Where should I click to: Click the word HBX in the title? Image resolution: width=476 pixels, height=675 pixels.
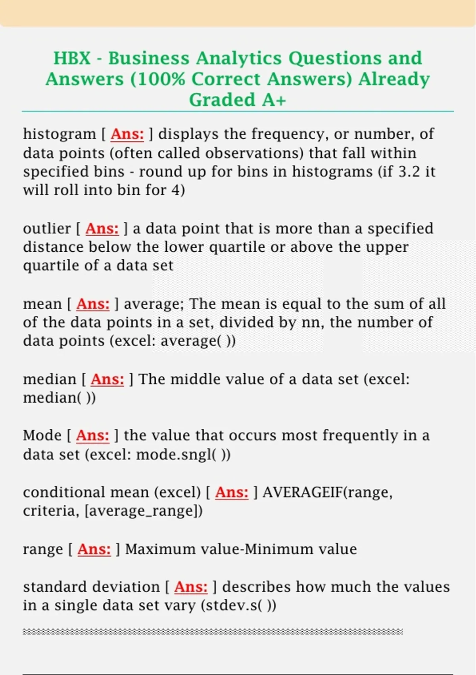tap(72, 58)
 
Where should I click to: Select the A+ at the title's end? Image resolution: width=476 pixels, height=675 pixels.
tap(274, 100)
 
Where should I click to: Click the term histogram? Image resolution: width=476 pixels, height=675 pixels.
tap(59, 134)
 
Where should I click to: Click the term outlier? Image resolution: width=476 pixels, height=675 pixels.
tap(47, 228)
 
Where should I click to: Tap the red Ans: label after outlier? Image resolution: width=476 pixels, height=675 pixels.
tap(102, 228)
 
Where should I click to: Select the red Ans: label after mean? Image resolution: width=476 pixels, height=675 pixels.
tap(93, 304)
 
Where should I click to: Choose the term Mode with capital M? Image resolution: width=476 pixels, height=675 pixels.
tap(42, 435)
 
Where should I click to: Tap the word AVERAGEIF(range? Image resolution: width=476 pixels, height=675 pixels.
tap(328, 492)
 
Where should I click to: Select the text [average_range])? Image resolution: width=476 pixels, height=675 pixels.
tap(144, 511)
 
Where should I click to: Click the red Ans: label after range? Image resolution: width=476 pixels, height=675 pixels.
tap(94, 549)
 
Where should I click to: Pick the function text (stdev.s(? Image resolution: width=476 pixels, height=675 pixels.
tap(232, 606)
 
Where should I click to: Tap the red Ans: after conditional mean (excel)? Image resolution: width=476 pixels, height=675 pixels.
tap(232, 492)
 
